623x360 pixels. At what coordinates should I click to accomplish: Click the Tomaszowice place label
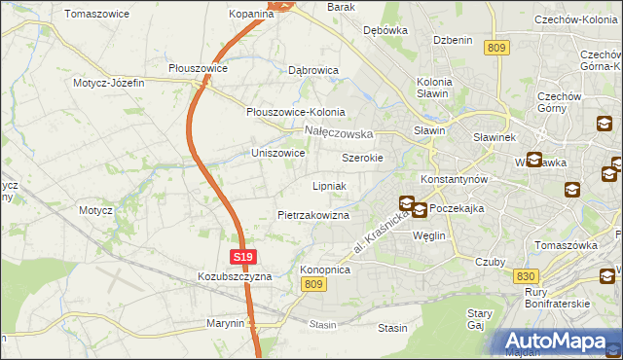point(98,14)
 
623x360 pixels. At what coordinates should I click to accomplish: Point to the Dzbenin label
point(453,40)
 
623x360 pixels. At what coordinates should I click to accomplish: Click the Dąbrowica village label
point(313,71)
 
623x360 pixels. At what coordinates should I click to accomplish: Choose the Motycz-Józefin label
point(108,83)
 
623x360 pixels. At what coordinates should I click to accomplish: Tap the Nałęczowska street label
point(339,131)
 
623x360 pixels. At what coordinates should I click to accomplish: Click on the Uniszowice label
point(278,154)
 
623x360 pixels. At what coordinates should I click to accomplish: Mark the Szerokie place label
point(362,158)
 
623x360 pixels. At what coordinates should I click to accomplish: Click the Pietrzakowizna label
point(312,215)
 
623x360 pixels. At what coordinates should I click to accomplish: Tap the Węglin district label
point(428,236)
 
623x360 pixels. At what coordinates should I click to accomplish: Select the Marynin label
point(225,323)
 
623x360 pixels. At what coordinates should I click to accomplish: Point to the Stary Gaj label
point(480,320)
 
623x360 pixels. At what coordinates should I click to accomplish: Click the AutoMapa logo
point(555,342)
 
